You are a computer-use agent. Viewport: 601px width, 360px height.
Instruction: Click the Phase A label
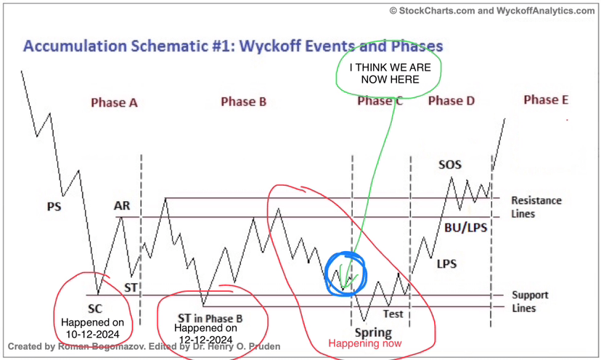114,103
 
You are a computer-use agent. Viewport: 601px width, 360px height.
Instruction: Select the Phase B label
243,102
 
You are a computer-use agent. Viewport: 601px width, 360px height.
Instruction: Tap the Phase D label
451,101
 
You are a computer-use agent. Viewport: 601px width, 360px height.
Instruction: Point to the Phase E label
546,99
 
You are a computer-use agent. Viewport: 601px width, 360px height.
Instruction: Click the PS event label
54,207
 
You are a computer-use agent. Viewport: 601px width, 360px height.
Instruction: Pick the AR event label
122,206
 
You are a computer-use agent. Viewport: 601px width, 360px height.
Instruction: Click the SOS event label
450,165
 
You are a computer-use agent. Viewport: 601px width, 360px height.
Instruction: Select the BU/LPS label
466,228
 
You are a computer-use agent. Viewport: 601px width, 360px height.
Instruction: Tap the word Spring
373,332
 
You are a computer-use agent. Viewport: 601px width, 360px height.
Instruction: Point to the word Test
393,314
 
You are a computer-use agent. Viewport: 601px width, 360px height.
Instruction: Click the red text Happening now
365,343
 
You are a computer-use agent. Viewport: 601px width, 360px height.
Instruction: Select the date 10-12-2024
92,335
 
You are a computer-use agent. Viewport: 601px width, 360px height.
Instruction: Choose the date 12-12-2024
206,340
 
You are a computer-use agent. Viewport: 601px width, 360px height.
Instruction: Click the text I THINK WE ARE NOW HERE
391,73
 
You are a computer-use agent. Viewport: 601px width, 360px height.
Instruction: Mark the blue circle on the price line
326,274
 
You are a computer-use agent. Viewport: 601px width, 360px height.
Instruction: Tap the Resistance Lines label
536,207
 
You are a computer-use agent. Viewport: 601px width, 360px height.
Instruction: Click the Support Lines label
530,302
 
